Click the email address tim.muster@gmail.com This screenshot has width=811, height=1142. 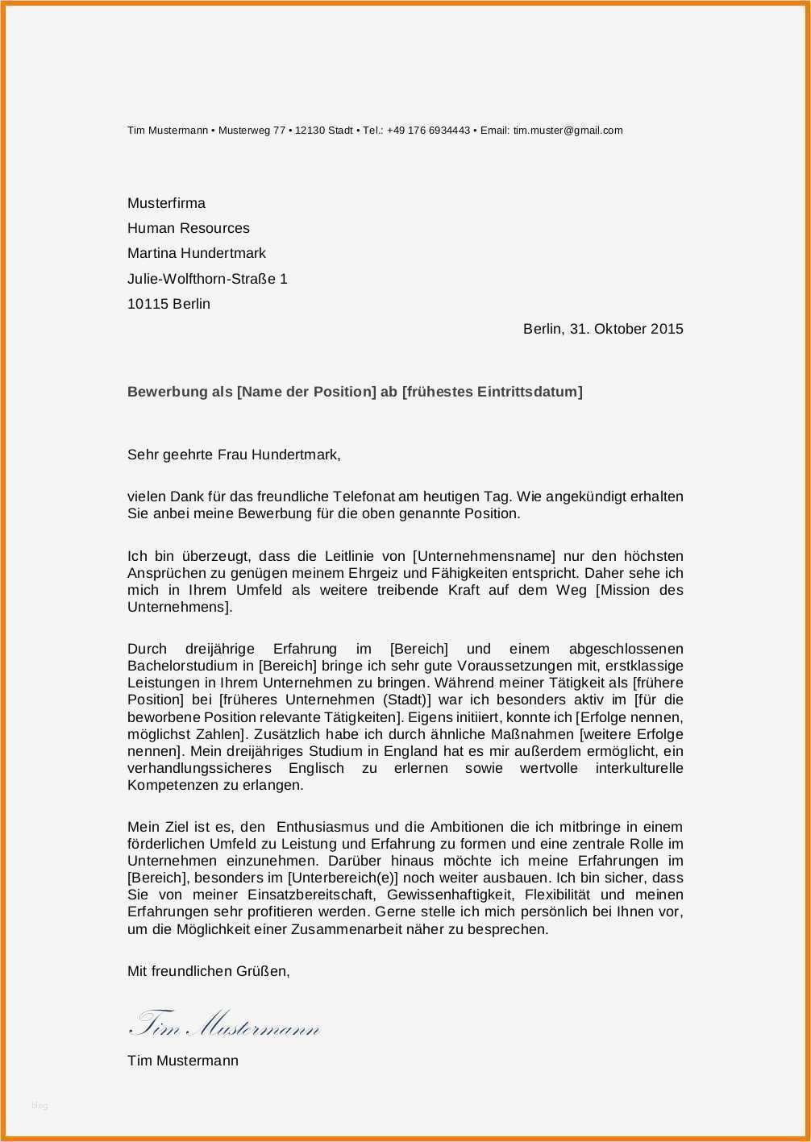pyautogui.click(x=568, y=131)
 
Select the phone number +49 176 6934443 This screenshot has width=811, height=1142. pyautogui.click(x=428, y=131)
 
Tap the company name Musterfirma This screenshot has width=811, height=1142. pyautogui.click(x=166, y=203)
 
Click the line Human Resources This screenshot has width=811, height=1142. pyautogui.click(x=189, y=228)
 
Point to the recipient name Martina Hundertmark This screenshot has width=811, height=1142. pyautogui.click(x=197, y=253)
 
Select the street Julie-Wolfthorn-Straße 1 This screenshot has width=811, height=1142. pyautogui.click(x=207, y=279)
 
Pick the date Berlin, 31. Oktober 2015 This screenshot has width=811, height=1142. pyautogui.click(x=603, y=329)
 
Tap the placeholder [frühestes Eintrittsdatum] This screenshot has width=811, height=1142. pyautogui.click(x=492, y=392)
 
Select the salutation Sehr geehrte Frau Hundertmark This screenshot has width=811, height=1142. pyautogui.click(x=234, y=455)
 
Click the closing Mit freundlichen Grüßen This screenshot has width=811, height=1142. pyautogui.click(x=208, y=971)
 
